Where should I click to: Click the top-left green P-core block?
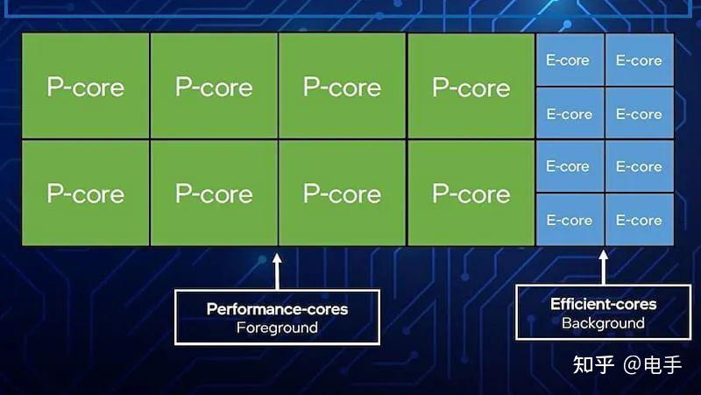point(85,86)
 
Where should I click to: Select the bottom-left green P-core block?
point(85,193)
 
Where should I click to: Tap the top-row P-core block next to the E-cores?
point(471,86)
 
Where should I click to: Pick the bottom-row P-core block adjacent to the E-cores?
point(471,193)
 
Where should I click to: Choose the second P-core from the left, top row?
point(214,86)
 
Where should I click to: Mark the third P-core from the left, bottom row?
point(342,193)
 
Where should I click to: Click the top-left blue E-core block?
point(569,60)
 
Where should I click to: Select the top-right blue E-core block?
point(639,60)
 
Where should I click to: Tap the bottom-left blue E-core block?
point(569,220)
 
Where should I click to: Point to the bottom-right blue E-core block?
point(639,220)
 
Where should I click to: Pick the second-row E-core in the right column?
point(639,114)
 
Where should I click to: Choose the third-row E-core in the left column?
point(569,166)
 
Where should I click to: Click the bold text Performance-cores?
point(277,309)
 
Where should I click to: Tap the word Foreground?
point(277,328)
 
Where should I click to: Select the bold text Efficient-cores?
point(603,305)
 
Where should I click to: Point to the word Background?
point(603,324)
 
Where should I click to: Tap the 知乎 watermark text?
point(593,364)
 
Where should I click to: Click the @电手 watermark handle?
point(653,364)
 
